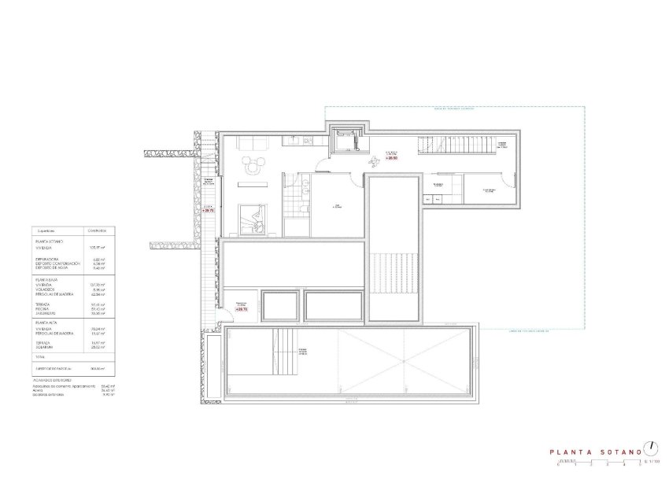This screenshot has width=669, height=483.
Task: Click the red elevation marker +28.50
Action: tap(391, 158)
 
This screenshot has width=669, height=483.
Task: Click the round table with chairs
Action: tap(253, 165)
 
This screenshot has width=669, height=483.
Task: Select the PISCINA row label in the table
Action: tap(43, 308)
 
